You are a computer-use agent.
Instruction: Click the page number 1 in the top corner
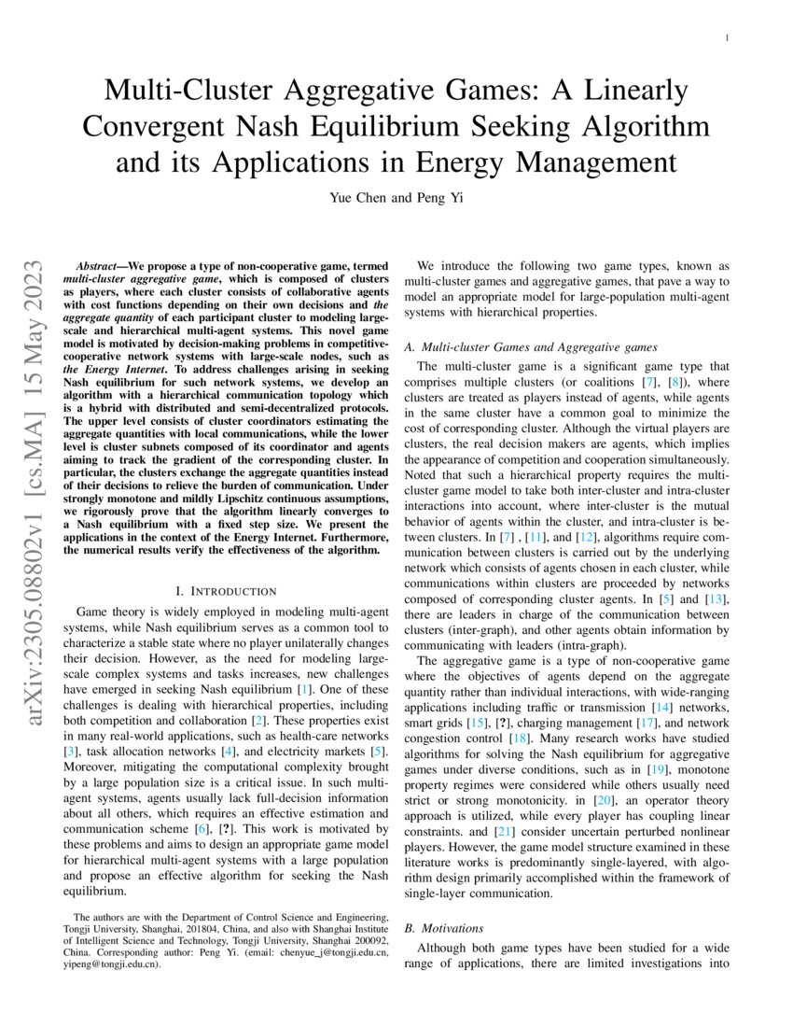726,37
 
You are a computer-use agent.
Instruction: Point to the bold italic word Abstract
101,266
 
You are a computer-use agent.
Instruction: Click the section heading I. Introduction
226,591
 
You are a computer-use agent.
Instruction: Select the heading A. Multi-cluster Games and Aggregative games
531,347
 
